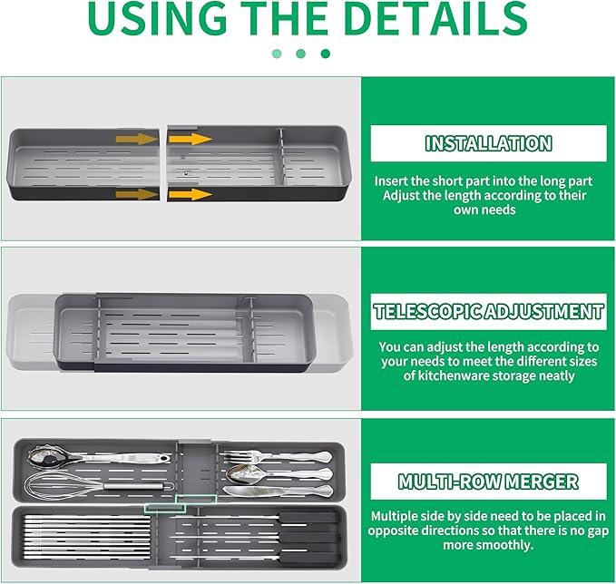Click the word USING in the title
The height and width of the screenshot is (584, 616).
click(x=158, y=18)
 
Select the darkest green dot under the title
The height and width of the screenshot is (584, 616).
click(x=326, y=54)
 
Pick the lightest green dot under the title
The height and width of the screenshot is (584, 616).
click(x=277, y=54)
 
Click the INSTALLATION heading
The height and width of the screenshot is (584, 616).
click(x=488, y=143)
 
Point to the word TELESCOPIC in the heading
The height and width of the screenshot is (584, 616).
click(x=427, y=311)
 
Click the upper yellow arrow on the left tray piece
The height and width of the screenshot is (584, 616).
click(x=137, y=139)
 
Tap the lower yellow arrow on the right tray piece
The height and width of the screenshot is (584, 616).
click(x=191, y=194)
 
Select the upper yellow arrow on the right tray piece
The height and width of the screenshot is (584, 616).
click(x=191, y=139)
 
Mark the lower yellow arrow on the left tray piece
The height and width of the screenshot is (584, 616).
click(x=137, y=194)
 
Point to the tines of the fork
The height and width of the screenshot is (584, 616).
click(x=236, y=456)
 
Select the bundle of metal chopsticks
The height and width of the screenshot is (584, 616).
click(x=88, y=537)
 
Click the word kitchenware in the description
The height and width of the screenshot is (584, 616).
click(x=453, y=375)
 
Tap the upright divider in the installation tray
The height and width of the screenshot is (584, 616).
click(x=279, y=156)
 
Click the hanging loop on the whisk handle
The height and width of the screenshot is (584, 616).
click(x=169, y=486)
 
